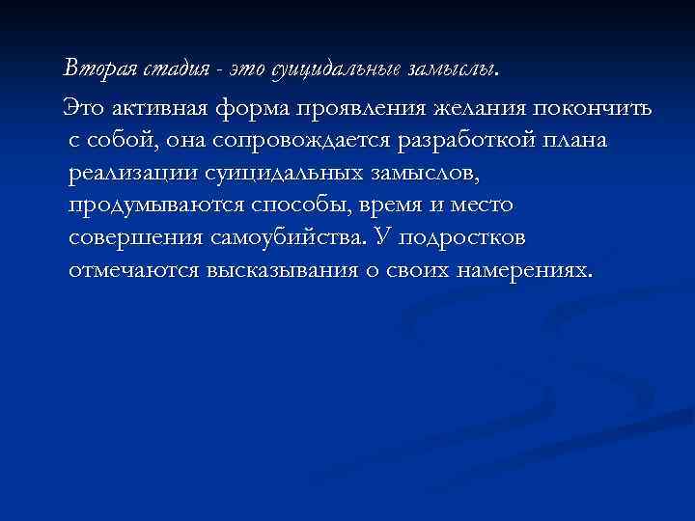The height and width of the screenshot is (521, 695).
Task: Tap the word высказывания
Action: [280, 271]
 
